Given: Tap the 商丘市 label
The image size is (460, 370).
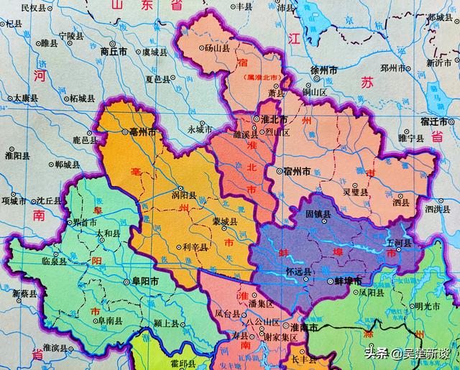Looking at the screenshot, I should click(x=114, y=52).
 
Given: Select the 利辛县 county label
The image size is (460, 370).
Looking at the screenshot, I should click(x=194, y=247).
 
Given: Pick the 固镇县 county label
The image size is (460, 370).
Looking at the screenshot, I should click(x=318, y=214).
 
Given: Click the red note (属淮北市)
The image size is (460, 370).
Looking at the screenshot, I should click(x=260, y=77).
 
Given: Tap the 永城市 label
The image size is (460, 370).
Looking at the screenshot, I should click(x=200, y=130).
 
